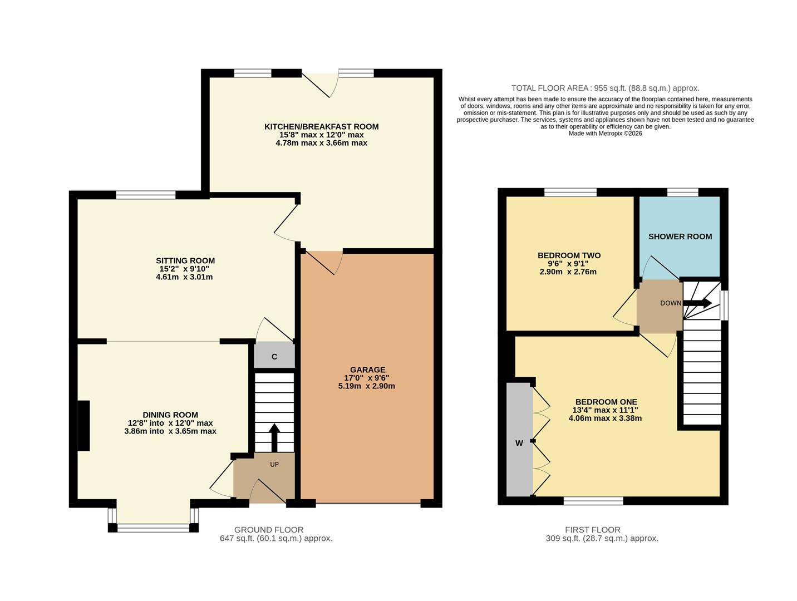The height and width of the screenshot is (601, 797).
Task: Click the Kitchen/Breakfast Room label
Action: point(321,127)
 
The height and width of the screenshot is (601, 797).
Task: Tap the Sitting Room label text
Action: point(185,260)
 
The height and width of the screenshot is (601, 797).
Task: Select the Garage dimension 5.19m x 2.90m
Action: point(366,386)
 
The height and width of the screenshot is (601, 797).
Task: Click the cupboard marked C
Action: point(274,356)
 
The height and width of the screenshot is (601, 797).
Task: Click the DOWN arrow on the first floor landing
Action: point(697,303)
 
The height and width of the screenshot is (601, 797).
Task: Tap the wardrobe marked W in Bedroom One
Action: point(519,443)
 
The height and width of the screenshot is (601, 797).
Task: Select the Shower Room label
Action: point(680,237)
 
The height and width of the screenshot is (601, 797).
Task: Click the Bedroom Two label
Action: point(569,255)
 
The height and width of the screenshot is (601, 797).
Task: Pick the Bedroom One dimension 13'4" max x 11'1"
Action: point(606,410)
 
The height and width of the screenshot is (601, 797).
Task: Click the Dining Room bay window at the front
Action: point(153,528)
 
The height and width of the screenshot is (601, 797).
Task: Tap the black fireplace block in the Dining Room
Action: point(83,426)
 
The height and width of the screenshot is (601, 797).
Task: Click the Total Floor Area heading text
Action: point(605,88)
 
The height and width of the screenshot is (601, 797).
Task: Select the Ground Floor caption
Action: point(268,530)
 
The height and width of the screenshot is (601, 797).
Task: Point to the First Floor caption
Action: point(592,530)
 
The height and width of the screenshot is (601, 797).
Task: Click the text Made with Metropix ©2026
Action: point(605,134)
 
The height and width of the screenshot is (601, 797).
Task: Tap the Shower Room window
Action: point(682,193)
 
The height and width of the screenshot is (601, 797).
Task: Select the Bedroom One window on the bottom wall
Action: point(593,501)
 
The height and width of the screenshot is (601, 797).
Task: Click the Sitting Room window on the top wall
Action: point(145,195)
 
